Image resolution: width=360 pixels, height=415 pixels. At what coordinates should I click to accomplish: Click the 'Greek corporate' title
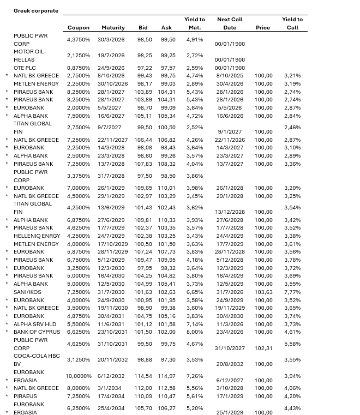point(35,10)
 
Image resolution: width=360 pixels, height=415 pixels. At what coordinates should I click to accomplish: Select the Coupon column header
point(79,27)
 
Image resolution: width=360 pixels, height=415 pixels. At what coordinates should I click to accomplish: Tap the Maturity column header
point(113,27)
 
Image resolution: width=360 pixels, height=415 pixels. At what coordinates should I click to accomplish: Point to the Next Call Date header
point(230,23)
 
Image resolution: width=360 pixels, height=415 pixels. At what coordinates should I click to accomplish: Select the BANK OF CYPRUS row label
point(37,332)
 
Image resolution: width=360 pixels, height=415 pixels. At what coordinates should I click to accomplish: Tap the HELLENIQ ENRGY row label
point(37,236)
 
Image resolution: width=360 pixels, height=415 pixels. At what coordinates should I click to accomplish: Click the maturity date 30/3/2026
point(111,39)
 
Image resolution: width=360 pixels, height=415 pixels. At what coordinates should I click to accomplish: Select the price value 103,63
point(263,292)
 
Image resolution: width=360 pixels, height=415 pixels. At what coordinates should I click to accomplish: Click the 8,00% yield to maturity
point(194,332)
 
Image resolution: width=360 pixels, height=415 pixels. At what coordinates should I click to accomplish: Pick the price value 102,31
point(263,348)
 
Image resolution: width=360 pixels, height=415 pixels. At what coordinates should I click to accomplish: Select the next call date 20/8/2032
point(229,364)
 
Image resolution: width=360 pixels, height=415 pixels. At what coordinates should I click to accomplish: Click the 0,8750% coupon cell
point(79,68)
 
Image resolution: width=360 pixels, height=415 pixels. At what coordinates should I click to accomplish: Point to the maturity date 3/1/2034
point(112,388)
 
